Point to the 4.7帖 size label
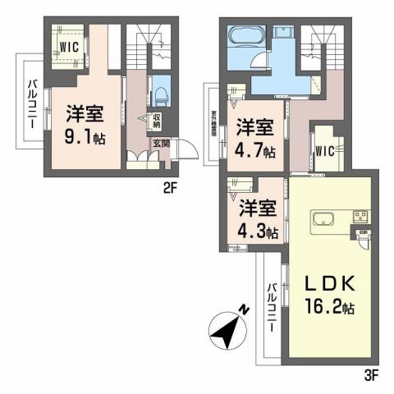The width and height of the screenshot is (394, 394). pos(254,150)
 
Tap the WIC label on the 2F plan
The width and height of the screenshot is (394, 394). pos(68,47)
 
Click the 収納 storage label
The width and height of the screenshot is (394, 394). pos(157,121)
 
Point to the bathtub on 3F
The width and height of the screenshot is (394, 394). pos(243,37)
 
